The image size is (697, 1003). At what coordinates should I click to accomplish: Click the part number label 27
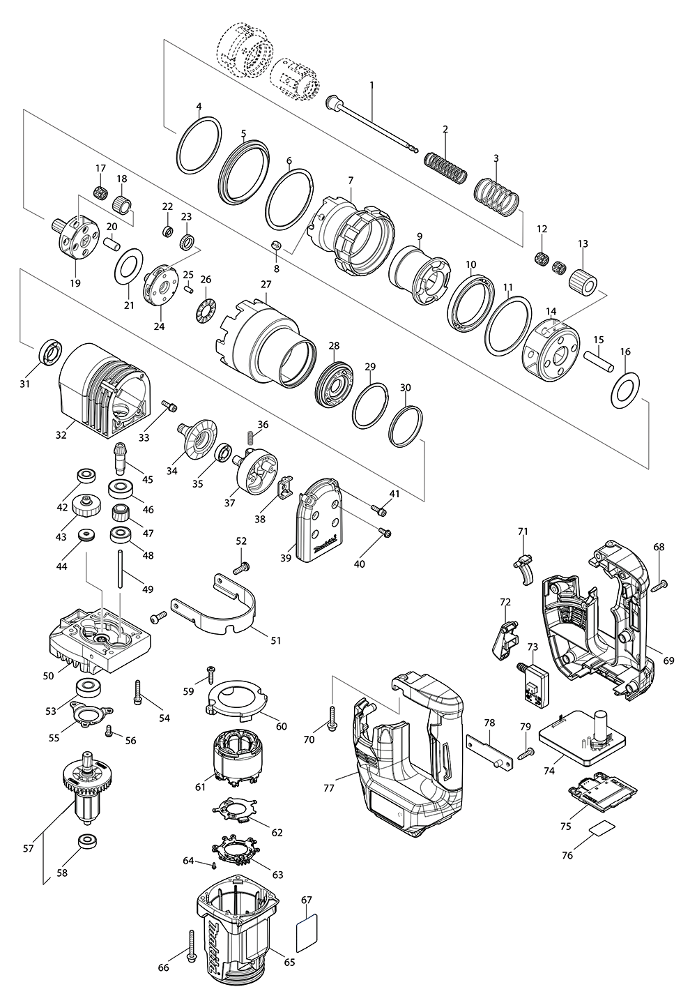(266, 285)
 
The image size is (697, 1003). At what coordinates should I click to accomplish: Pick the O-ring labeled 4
(199, 149)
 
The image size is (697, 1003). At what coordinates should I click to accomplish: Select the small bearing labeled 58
(88, 840)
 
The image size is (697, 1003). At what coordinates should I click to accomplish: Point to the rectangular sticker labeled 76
(601, 828)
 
